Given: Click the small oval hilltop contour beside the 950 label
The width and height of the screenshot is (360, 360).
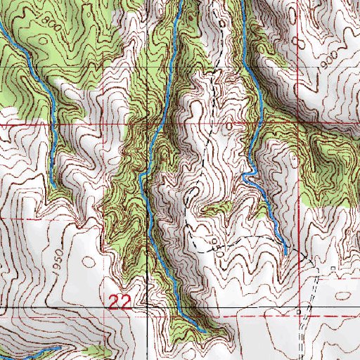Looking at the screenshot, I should click(89, 262).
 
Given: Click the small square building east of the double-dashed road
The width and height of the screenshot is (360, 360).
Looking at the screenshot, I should click(332, 269).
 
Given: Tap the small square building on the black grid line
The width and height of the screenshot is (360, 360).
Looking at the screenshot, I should click(300, 309).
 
